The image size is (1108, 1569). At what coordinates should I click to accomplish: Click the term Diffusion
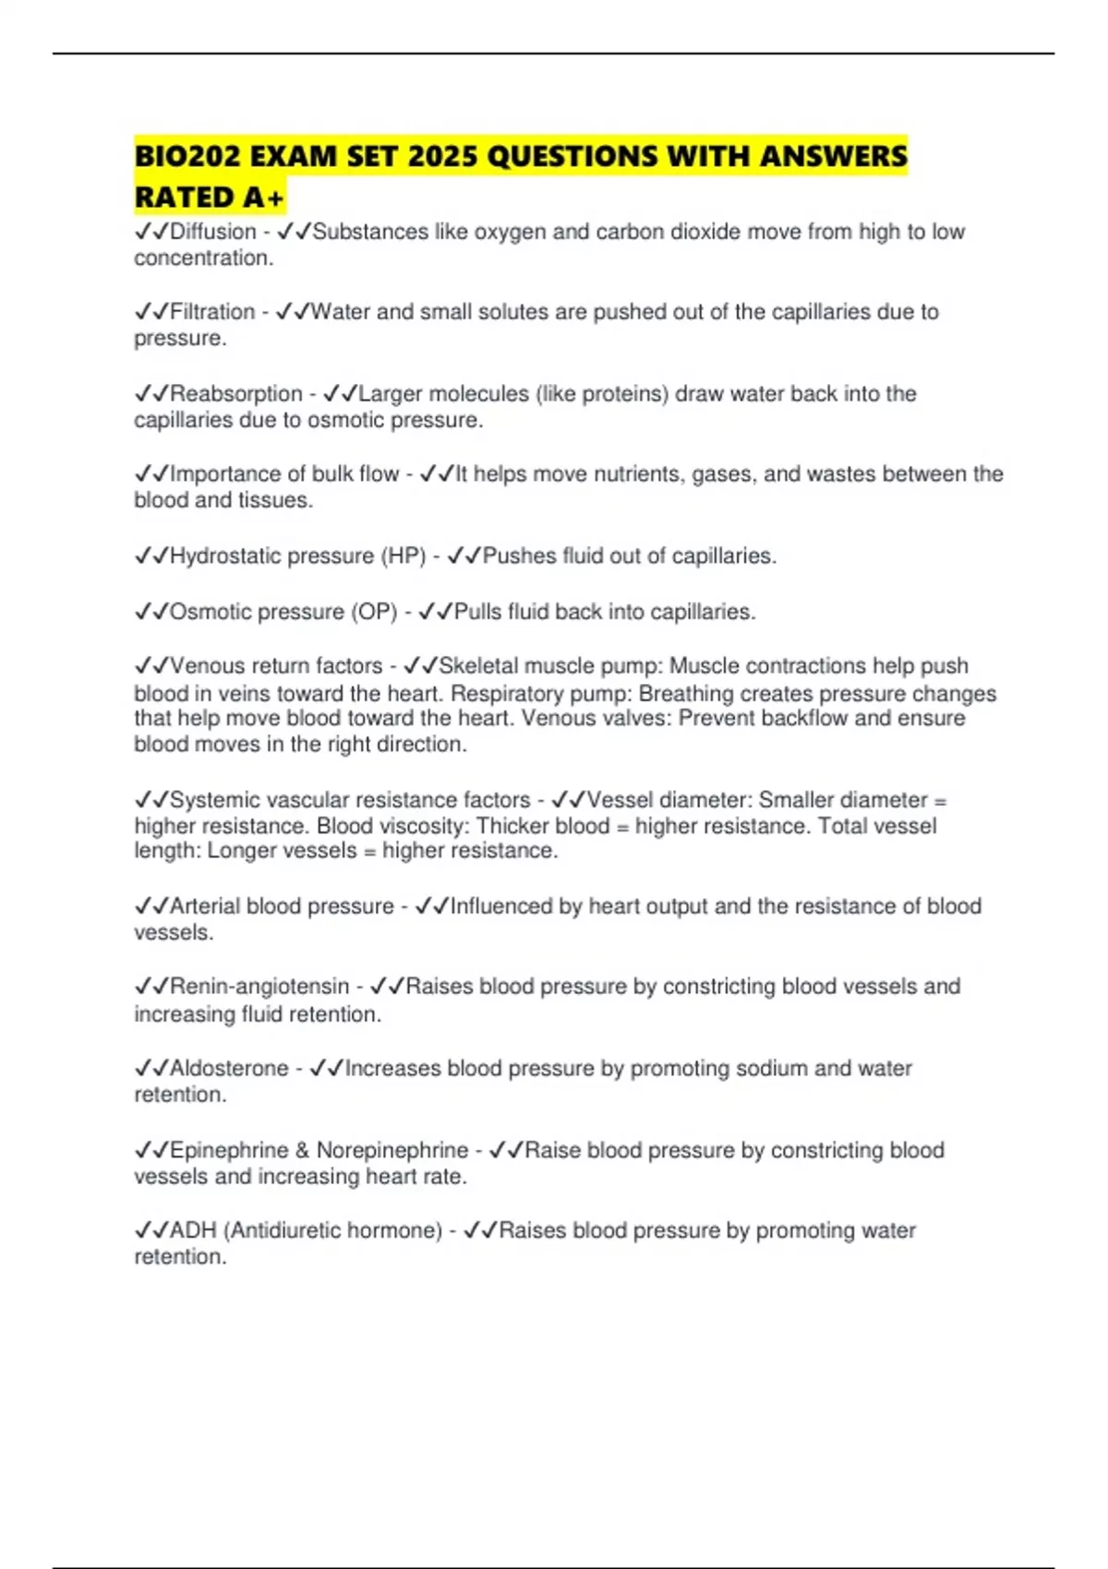[x=213, y=232]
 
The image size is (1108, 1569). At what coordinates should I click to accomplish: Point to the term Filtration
[x=212, y=312]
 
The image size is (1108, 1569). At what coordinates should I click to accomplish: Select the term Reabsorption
[x=236, y=394]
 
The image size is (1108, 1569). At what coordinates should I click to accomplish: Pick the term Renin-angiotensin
[x=259, y=987]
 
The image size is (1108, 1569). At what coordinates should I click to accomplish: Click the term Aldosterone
[x=229, y=1069]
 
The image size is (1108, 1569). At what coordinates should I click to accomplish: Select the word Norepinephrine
[x=392, y=1151]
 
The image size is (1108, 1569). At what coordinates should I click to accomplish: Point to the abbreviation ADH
[x=193, y=1231]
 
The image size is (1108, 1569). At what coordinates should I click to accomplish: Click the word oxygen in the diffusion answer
[x=510, y=232]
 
